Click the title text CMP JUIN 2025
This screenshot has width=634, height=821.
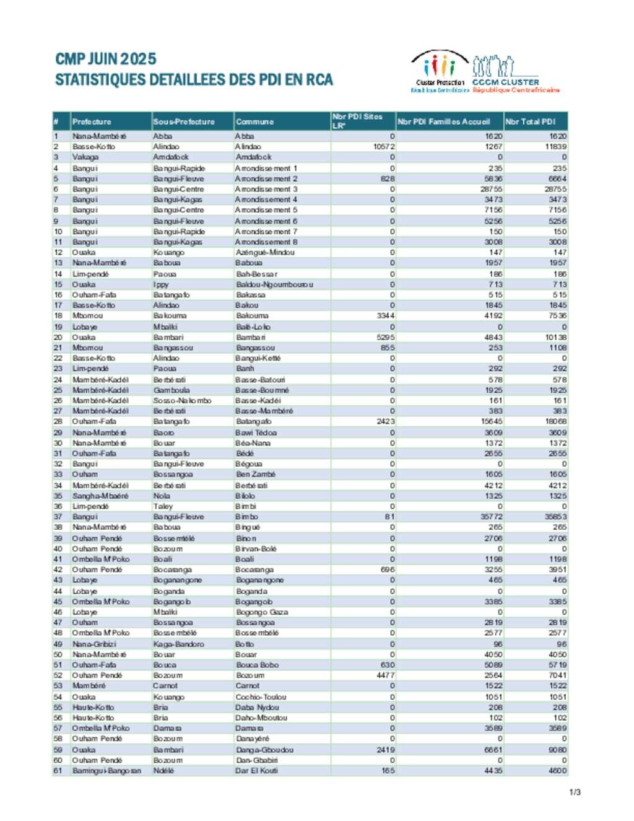pos(106,59)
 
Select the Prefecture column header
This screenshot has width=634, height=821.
pos(92,121)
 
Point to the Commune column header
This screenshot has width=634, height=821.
pos(254,121)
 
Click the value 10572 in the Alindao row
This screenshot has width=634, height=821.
pos(384,147)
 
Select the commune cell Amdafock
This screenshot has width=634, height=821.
pos(253,157)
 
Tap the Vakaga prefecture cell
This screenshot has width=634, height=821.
pos(85,157)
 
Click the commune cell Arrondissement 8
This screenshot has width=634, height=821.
pos(266,242)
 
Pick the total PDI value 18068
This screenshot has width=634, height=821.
pos(555,421)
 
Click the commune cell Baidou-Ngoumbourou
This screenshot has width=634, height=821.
pos(274,284)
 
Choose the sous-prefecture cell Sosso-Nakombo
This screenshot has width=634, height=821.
pos(182,400)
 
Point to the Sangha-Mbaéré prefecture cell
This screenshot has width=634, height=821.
pos(100,496)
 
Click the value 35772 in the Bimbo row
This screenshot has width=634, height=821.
pos(492,517)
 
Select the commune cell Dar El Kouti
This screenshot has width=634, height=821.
pos(256,771)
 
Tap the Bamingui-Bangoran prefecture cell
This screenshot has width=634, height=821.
pos(106,771)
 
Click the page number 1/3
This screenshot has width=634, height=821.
pos(575,792)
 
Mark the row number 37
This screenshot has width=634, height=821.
pos(58,517)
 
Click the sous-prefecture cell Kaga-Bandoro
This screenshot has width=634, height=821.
pos(178,644)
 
